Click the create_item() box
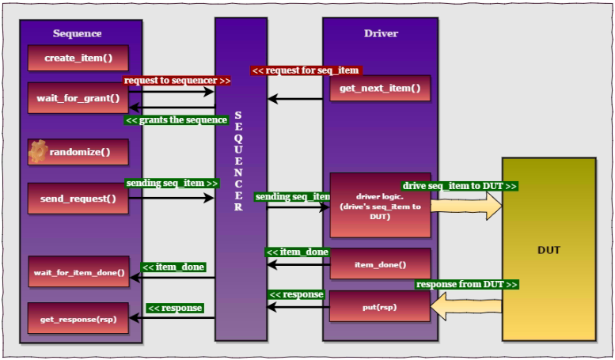pos(78,58)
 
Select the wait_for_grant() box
pos(78,98)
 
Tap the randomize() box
pos(78,152)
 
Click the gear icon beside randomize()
pos(38,152)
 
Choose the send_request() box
pos(78,199)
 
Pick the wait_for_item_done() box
pos(78,272)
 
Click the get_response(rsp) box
pos(78,318)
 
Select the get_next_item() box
pos(380,88)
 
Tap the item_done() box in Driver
pos(380,264)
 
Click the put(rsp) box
pos(380,307)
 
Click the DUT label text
pos(549,250)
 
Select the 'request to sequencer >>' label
pos(177,81)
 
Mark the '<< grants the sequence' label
pos(176,120)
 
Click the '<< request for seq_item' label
pos(305,70)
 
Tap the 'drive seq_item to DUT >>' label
pos(460,186)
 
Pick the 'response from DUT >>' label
pos(467,284)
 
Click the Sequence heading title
pos(78,33)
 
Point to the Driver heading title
pos(381,33)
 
